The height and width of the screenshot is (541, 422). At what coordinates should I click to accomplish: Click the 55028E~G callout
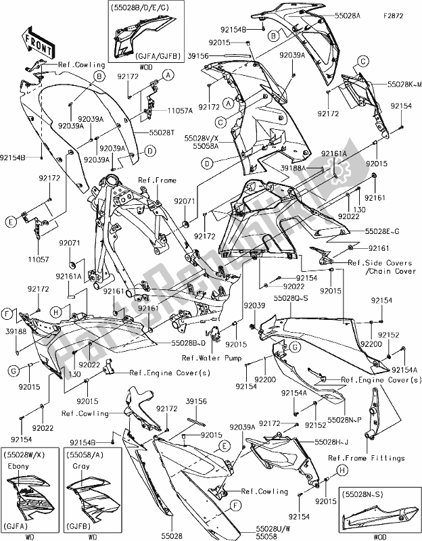[383, 231]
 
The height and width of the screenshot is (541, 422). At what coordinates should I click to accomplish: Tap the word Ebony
[18, 466]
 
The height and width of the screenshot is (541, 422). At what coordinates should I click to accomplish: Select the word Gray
[80, 466]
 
